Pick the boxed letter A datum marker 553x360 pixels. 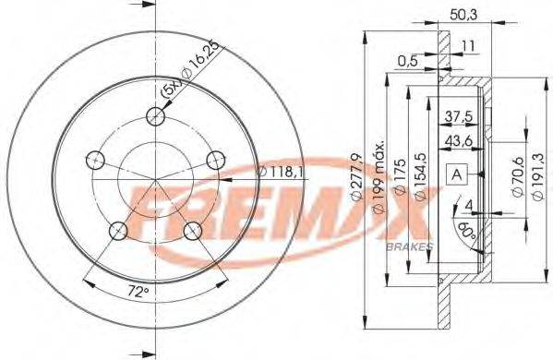457,173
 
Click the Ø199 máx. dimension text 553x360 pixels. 377,175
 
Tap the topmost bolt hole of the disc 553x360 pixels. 157,117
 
